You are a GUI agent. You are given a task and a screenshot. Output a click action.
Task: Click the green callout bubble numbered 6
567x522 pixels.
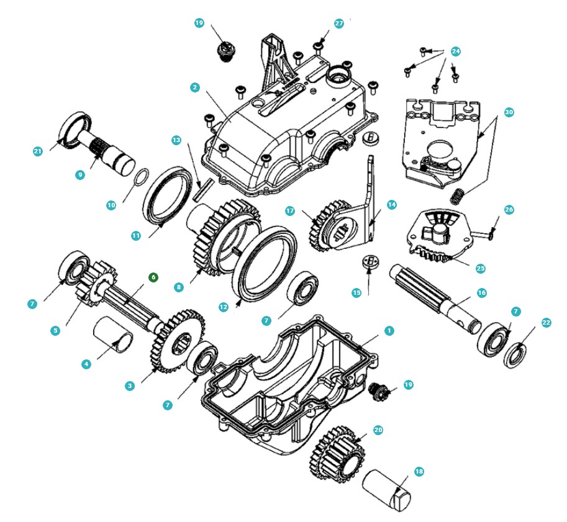[153, 277]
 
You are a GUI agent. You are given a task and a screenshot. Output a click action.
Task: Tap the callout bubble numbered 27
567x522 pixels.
[339, 24]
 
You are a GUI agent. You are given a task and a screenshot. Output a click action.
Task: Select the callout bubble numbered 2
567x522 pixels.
[195, 87]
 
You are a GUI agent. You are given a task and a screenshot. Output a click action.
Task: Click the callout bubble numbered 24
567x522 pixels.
[456, 52]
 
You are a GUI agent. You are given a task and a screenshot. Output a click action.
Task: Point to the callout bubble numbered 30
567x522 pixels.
[509, 112]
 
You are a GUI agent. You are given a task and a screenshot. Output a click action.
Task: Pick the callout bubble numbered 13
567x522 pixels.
[176, 140]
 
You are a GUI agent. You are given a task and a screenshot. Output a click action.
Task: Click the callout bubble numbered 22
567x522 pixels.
[546, 323]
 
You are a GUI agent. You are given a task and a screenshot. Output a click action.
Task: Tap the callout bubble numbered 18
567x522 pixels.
[419, 471]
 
